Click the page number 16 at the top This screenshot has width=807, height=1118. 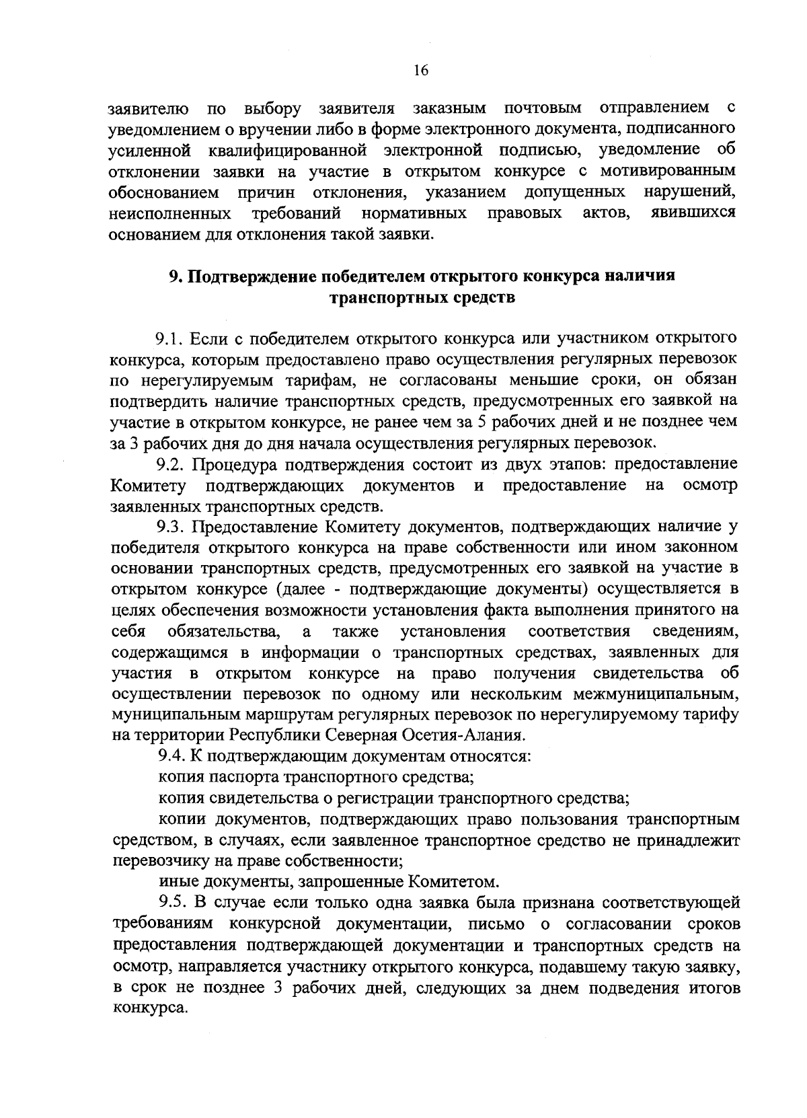[422, 72]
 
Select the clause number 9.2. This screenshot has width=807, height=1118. [171, 464]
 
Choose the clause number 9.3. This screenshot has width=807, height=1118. [171, 527]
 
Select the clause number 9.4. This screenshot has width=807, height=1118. [171, 756]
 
